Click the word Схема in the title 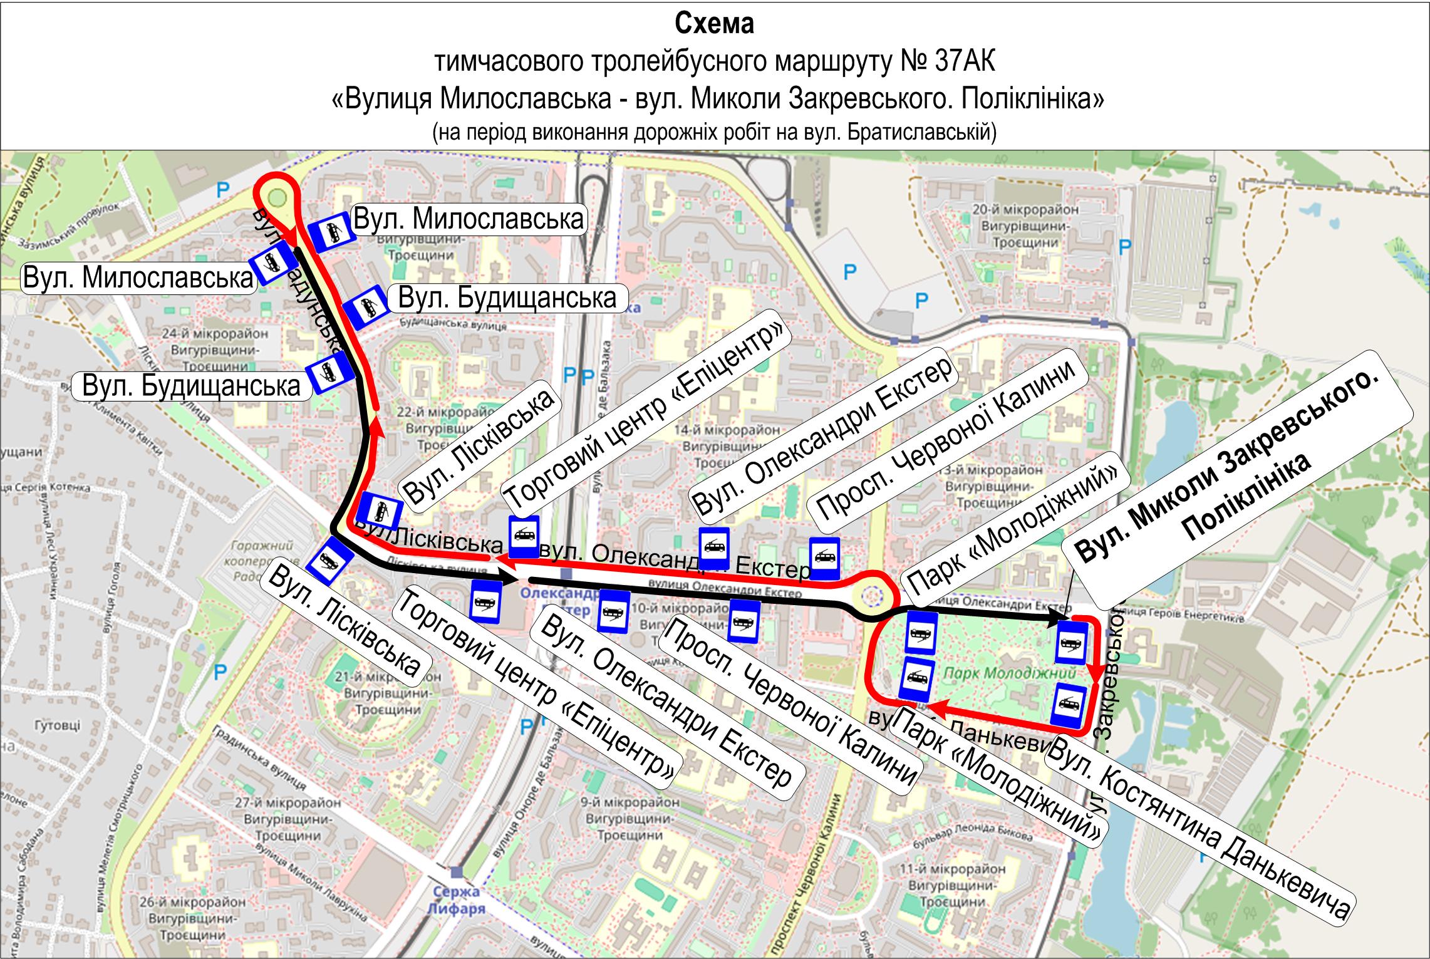pyautogui.click(x=714, y=24)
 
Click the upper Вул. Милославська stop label pyautogui.click(x=469, y=219)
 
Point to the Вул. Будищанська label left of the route pyautogui.click(x=191, y=386)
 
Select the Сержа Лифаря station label pyautogui.click(x=456, y=900)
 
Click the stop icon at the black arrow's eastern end pyautogui.click(x=1072, y=643)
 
